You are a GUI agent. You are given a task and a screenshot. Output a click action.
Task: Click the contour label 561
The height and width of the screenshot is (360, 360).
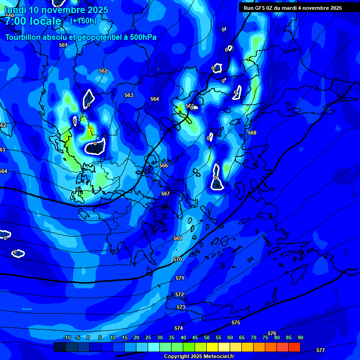pyautogui.click(x=63, y=45)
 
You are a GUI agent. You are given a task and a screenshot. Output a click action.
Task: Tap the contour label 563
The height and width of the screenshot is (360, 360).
pyautogui.click(x=129, y=95)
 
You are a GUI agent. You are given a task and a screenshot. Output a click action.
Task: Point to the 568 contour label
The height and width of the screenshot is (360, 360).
pyautogui.click(x=252, y=133)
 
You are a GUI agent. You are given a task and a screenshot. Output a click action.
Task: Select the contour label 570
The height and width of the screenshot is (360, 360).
pyautogui.click(x=178, y=259)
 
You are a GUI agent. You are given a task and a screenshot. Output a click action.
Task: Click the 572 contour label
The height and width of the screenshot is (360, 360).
pyautogui.click(x=180, y=294)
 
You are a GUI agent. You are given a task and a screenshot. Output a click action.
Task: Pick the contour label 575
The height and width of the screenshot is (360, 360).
pyautogui.click(x=236, y=323)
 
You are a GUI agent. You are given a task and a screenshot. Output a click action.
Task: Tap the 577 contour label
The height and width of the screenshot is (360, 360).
pyautogui.click(x=321, y=350)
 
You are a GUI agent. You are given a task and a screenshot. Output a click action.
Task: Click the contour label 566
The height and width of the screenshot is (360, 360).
pyautogui.click(x=164, y=165)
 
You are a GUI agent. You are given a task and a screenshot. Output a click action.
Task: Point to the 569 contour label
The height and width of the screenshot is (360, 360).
pyautogui.click(x=178, y=239)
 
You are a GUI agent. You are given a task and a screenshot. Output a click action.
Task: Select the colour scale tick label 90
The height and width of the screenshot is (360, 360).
pyautogui.click(x=300, y=337)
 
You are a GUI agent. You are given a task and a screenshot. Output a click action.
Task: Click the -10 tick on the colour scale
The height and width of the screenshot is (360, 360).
pyautogui.click(x=67, y=337)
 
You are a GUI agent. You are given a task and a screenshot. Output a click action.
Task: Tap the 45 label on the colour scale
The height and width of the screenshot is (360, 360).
pyautogui.click(x=195, y=337)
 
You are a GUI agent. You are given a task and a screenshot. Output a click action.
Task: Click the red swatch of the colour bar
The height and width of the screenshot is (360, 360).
pyautogui.click(x=294, y=347)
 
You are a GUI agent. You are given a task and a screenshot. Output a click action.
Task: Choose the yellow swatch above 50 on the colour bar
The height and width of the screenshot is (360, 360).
pyautogui.click(x=212, y=347)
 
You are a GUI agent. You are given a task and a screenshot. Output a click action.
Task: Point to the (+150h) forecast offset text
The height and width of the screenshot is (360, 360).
pyautogui.click(x=83, y=21)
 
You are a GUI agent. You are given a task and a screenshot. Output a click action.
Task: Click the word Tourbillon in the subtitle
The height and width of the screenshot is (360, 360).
pyautogui.click(x=24, y=37)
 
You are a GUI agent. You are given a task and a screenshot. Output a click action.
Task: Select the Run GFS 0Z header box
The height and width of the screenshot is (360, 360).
pyautogui.click(x=292, y=8)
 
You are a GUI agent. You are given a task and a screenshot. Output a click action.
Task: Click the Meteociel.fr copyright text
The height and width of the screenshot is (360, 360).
pyautogui.click(x=199, y=357)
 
